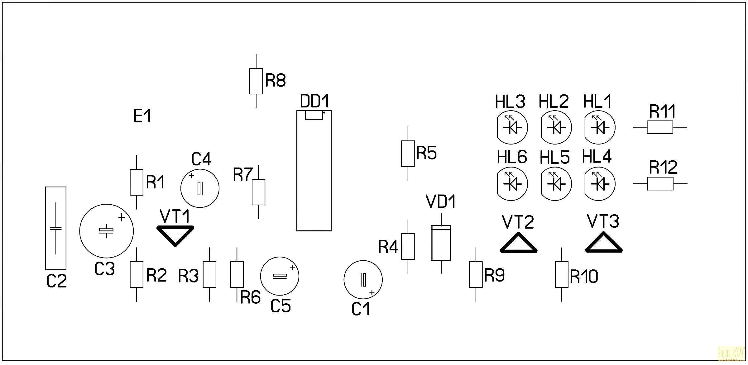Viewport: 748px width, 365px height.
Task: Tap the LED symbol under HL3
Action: point(511,128)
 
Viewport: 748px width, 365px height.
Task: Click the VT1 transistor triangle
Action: point(175,234)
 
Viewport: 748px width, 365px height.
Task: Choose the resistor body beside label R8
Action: point(256,81)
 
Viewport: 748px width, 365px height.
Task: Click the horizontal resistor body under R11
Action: point(660,127)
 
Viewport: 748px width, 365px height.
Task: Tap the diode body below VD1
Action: point(441,243)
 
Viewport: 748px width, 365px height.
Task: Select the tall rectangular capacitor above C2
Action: point(56,228)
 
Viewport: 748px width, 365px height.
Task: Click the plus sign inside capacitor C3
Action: point(122,217)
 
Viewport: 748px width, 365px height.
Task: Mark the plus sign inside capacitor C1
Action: point(372,293)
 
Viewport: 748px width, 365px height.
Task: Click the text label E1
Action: point(142,116)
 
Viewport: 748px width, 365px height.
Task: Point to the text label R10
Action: point(584,276)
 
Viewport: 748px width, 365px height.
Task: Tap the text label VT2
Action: point(518,222)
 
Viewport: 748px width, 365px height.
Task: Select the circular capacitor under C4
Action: point(200,188)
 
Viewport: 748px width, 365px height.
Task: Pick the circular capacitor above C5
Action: point(280,276)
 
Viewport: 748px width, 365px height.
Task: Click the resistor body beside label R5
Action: point(408,154)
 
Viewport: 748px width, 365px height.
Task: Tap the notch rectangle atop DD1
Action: point(314,115)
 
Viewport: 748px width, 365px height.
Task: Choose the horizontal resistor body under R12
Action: point(660,183)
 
